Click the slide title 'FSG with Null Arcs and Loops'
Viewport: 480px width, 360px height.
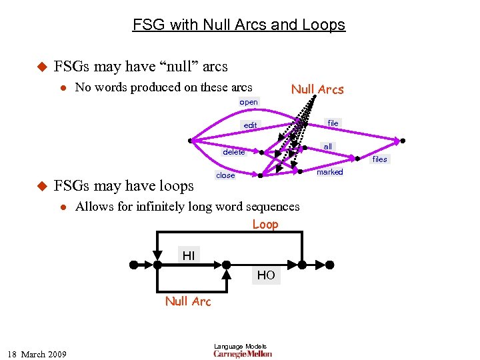pyautogui.click(x=239, y=25)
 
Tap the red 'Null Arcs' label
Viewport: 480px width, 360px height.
pyautogui.click(x=317, y=90)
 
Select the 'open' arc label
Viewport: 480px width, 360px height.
pyautogui.click(x=249, y=103)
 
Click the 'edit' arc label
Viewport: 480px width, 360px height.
pyautogui.click(x=250, y=125)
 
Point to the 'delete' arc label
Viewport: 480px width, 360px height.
pyautogui.click(x=233, y=152)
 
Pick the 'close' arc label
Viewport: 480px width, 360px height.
pyautogui.click(x=225, y=175)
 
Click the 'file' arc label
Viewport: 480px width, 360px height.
pyautogui.click(x=333, y=123)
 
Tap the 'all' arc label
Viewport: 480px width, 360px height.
pyautogui.click(x=328, y=147)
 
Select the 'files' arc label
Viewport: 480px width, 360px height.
pyautogui.click(x=380, y=159)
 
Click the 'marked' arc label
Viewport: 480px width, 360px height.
pyautogui.click(x=329, y=172)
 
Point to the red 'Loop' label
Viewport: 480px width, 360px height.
pyautogui.click(x=265, y=225)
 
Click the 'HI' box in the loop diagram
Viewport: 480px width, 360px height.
pyautogui.click(x=189, y=255)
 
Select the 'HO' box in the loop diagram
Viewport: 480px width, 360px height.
pyautogui.click(x=265, y=275)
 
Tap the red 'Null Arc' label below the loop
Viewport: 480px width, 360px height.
pyautogui.click(x=188, y=301)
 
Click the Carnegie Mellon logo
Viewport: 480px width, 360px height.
pyautogui.click(x=242, y=354)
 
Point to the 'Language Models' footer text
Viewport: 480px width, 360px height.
pyautogui.click(x=240, y=346)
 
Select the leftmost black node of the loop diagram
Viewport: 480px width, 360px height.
pyautogui.click(x=133, y=265)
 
